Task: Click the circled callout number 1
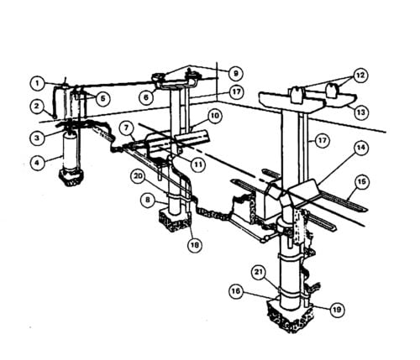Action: click(x=38, y=83)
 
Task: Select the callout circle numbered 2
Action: click(x=38, y=107)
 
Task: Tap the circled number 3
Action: click(x=38, y=138)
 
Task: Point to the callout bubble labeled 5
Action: click(x=102, y=99)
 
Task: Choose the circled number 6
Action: click(x=147, y=97)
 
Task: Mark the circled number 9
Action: click(x=235, y=74)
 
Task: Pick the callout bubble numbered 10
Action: click(x=214, y=116)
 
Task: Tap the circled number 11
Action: click(x=198, y=164)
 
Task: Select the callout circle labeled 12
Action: click(x=360, y=76)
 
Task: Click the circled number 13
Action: click(x=361, y=112)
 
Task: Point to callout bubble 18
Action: click(x=195, y=245)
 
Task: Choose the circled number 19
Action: click(x=337, y=310)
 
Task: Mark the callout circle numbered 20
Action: click(x=139, y=177)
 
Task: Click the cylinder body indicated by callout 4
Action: click(x=70, y=151)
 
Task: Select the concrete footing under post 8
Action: click(x=175, y=220)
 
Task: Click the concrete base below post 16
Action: click(x=290, y=316)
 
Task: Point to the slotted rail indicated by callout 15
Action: click(x=343, y=202)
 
